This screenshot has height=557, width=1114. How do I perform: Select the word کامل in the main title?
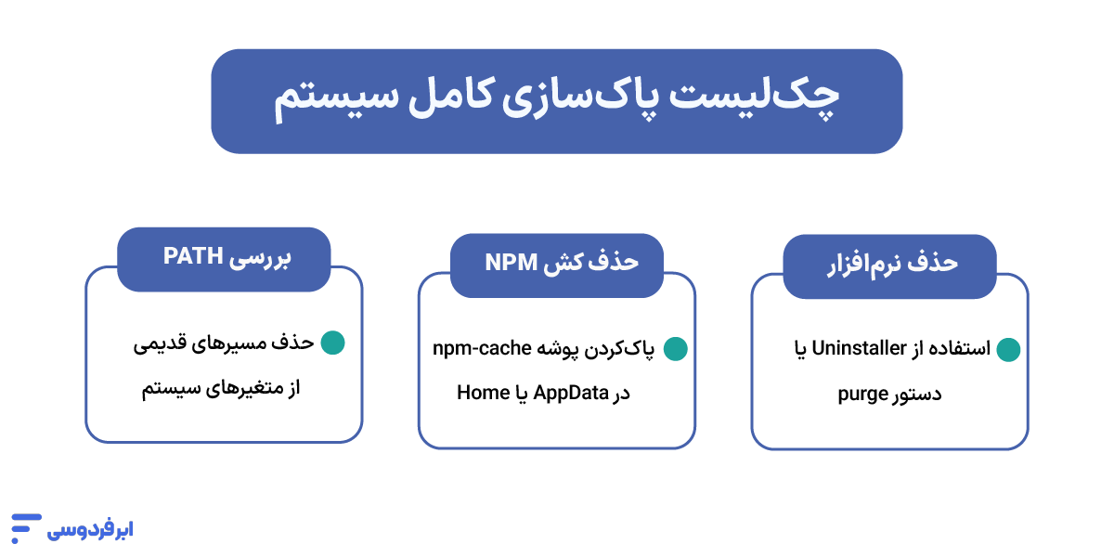click(461, 100)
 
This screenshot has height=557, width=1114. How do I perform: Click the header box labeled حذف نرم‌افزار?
click(890, 263)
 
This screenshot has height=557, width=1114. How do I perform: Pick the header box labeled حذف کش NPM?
click(557, 263)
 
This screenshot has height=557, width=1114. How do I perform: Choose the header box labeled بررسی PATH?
click(224, 256)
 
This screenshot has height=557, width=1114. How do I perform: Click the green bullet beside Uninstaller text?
click(1008, 350)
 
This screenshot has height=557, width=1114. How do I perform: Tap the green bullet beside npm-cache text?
click(675, 349)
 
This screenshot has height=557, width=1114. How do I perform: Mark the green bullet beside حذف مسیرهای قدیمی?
click(332, 343)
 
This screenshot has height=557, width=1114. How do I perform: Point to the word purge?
click(864, 393)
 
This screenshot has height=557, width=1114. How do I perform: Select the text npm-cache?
click(481, 349)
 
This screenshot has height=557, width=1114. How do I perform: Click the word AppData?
click(571, 393)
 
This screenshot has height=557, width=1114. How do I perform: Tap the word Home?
click(483, 393)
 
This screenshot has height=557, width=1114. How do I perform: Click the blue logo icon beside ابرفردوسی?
click(26, 527)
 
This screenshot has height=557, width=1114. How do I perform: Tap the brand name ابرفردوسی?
click(90, 530)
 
